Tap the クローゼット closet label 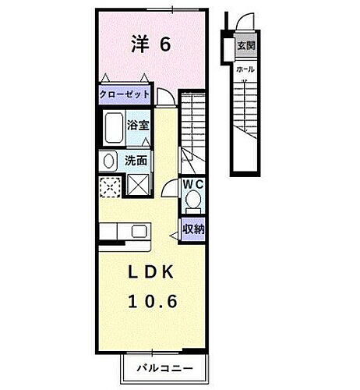pos(123,94)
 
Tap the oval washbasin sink pos(108,161)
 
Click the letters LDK pos(150,272)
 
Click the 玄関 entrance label pos(246,45)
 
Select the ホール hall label pos(245,70)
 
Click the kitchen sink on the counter pos(139,232)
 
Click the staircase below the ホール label pos(246,117)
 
